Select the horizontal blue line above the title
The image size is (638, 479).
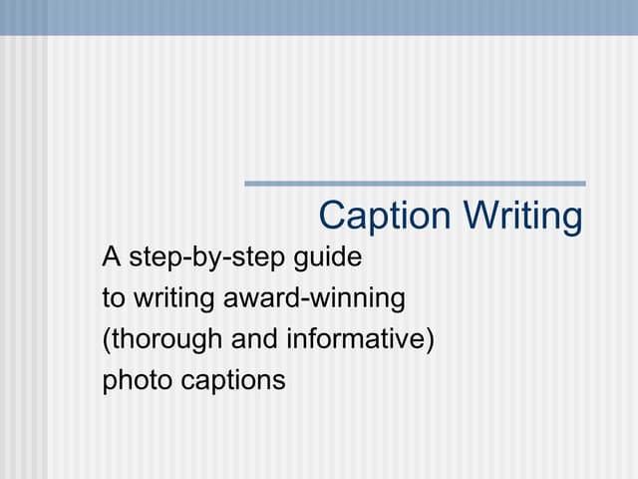tap(415, 184)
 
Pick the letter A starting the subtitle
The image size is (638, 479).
tap(111, 257)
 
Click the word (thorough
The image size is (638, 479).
tap(163, 339)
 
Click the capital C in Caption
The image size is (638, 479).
tap(331, 216)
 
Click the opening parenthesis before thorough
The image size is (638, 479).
tap(106, 339)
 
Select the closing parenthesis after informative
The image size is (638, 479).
tap(431, 339)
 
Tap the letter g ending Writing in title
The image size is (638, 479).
tap(572, 220)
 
